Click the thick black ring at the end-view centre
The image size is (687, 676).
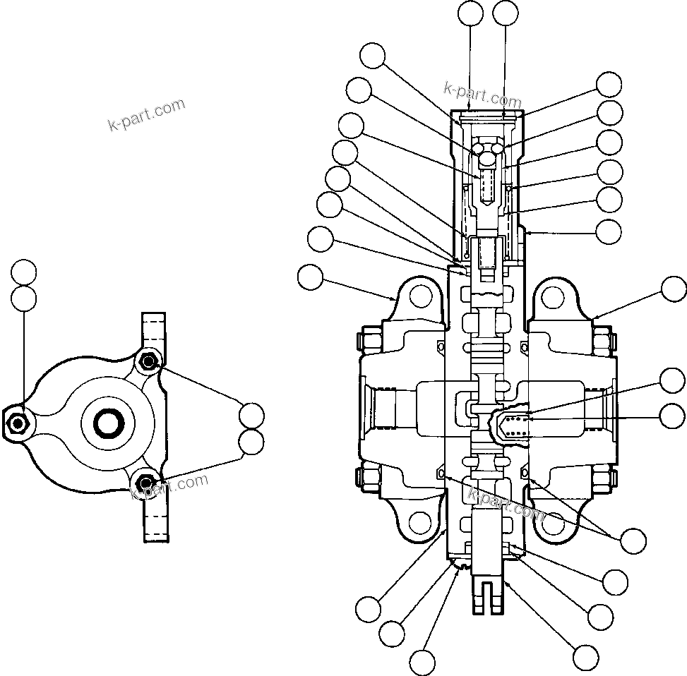pyautogui.click(x=111, y=423)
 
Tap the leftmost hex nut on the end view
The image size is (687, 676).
pyautogui.click(x=17, y=423)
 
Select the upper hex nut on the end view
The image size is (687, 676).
pyautogui.click(x=148, y=362)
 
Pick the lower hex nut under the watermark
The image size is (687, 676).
pyautogui.click(x=146, y=483)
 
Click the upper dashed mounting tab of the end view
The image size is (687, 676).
pyautogui.click(x=155, y=332)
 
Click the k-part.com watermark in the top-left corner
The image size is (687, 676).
pyautogui.click(x=146, y=115)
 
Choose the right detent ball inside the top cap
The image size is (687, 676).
pyautogui.click(x=498, y=149)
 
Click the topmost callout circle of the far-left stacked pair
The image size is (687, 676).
pyautogui.click(x=24, y=272)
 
